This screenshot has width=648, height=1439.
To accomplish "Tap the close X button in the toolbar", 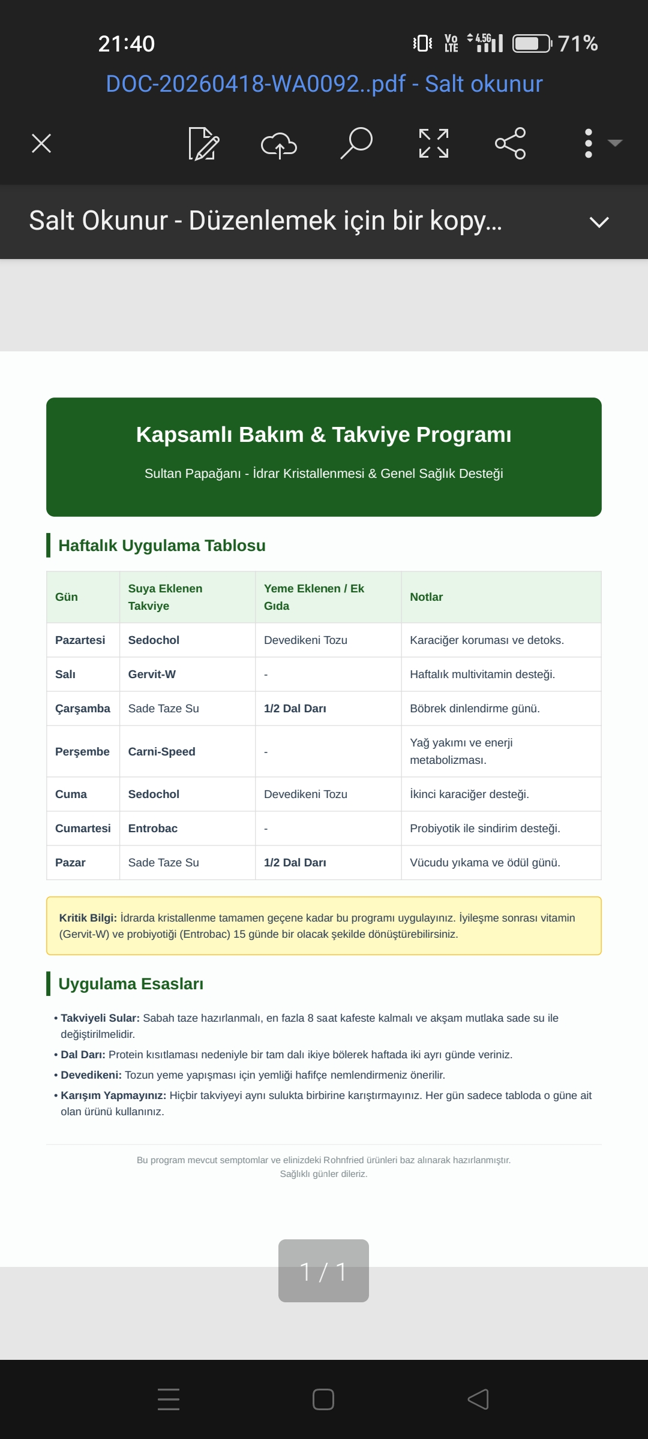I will pyautogui.click(x=41, y=143).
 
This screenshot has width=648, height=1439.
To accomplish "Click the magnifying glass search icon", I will pyautogui.click(x=356, y=143).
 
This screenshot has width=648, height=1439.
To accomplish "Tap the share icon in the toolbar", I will pyautogui.click(x=510, y=143).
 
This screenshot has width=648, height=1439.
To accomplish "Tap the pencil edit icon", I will pyautogui.click(x=203, y=144).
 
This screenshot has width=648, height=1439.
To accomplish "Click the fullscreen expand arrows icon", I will pyautogui.click(x=433, y=143).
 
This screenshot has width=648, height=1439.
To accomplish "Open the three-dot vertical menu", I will pyautogui.click(x=589, y=143).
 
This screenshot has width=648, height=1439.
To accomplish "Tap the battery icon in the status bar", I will pyautogui.click(x=532, y=44).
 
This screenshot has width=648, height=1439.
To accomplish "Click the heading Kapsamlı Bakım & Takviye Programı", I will pyautogui.click(x=324, y=434).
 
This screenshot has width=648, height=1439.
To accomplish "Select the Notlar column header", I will pyautogui.click(x=426, y=597).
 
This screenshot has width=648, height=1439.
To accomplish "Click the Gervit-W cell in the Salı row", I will pyautogui.click(x=152, y=674).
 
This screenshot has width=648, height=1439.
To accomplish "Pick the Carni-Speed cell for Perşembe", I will pyautogui.click(x=161, y=751).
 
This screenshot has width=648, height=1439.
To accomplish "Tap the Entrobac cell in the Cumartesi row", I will pyautogui.click(x=153, y=828).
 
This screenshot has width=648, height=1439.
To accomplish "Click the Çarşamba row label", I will pyautogui.click(x=83, y=708).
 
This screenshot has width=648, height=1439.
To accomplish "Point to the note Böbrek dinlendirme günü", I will pyautogui.click(x=475, y=708).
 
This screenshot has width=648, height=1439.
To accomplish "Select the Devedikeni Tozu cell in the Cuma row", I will pyautogui.click(x=305, y=794).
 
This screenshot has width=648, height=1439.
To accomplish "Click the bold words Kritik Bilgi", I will pyautogui.click(x=88, y=917).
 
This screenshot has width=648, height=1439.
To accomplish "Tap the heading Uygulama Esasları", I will pyautogui.click(x=131, y=984).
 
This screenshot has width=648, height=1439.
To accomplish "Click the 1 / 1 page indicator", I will pyautogui.click(x=323, y=1271).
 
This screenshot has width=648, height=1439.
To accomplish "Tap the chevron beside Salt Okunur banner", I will pyautogui.click(x=599, y=222).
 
